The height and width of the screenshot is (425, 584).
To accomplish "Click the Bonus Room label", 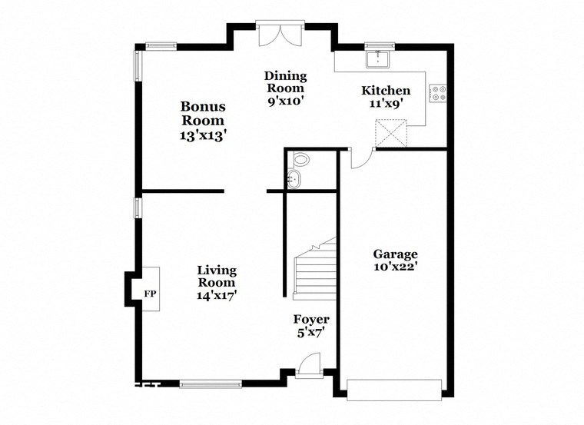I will (x=203, y=121).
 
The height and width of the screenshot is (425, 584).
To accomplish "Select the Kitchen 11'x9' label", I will (x=386, y=96).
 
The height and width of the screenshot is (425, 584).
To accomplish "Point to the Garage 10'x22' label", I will (x=395, y=261).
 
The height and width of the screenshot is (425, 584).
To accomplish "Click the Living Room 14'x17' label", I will (x=217, y=282).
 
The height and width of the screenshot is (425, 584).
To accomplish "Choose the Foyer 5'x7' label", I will (x=311, y=325).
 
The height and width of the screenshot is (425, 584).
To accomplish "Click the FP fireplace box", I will (x=149, y=293).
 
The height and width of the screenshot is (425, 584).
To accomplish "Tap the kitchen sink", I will (x=380, y=59).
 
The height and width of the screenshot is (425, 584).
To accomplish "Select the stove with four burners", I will (x=439, y=93).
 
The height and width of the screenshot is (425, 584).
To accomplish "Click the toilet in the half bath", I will (x=301, y=161).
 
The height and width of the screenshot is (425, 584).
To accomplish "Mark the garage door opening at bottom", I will (x=395, y=389).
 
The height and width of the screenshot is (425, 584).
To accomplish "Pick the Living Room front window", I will (x=210, y=382).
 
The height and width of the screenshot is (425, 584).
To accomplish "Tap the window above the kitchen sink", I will (x=380, y=45).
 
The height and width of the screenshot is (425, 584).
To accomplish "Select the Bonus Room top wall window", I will (x=162, y=45).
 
